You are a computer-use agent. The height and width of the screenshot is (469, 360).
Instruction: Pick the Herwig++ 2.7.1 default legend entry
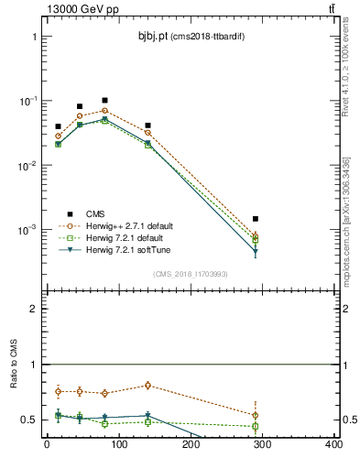pos(127,225)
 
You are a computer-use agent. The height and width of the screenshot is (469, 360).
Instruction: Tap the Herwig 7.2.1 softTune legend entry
pos(128,249)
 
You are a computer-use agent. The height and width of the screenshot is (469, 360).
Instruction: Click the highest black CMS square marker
pos(104,100)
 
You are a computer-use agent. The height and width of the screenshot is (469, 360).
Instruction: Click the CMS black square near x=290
pos(256,219)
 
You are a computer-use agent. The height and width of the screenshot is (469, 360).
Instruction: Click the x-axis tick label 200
pos(191,446)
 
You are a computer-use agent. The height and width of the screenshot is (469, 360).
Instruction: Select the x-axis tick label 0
pos(47,446)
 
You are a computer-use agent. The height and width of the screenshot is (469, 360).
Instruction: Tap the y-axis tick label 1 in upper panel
pos(34,38)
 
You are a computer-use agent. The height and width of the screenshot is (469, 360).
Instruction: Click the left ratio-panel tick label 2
pos(34,310)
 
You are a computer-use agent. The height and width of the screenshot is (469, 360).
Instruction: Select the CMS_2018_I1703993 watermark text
pos(190,274)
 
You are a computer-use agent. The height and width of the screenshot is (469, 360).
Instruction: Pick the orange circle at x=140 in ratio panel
pos(147,386)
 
